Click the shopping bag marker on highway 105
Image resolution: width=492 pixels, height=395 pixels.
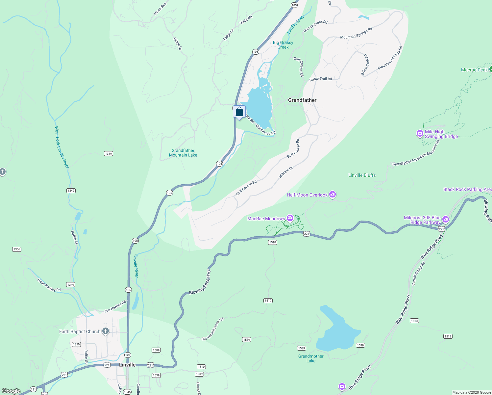(239, 112)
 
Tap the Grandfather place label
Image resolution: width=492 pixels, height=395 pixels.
(302, 100)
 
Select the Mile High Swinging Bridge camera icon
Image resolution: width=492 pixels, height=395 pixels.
(420, 134)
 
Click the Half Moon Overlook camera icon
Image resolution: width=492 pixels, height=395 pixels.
(332, 195)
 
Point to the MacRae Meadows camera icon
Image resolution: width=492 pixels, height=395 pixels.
(290, 218)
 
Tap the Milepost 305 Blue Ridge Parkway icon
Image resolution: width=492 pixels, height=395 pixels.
(445, 219)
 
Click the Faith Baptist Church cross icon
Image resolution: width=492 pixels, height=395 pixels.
(105, 331)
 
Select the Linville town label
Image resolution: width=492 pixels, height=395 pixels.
(127, 365)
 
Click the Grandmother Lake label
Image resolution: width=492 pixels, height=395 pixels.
(311, 358)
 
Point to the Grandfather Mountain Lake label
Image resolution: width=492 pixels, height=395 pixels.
(183, 153)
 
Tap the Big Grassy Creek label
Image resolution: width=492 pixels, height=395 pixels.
(283, 45)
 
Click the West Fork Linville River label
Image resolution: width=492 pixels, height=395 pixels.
(62, 147)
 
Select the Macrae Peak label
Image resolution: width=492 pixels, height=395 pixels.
(474, 70)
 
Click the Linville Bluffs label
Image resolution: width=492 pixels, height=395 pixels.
(362, 175)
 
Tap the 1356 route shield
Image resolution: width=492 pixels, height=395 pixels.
(17, 249)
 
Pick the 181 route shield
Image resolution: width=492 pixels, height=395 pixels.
(33, 389)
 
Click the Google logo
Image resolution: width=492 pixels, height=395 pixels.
(11, 391)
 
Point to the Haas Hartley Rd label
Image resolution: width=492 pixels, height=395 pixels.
(49, 285)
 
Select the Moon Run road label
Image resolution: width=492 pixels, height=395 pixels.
(160, 9)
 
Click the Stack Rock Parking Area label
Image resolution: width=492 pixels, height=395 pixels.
(467, 189)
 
